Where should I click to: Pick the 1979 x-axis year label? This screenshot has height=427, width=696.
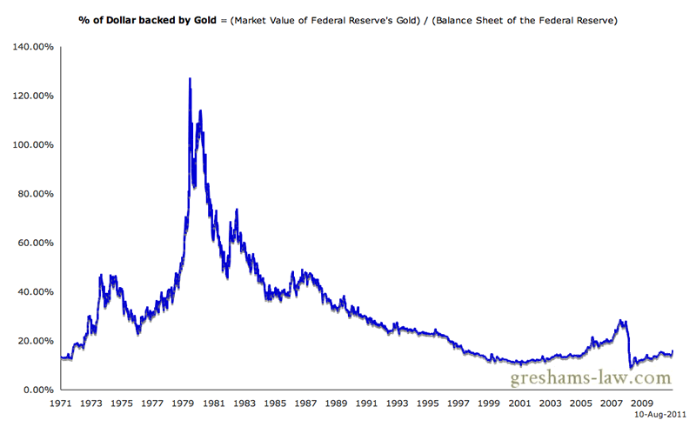[184, 404]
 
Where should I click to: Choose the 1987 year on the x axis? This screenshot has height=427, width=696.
[305, 404]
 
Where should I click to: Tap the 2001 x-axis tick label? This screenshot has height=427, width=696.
[519, 404]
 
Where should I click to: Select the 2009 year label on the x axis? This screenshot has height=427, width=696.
[642, 404]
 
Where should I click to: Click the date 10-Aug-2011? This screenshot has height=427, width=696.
[663, 416]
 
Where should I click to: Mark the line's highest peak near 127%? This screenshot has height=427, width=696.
[190, 79]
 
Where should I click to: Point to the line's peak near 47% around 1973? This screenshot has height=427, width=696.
[101, 276]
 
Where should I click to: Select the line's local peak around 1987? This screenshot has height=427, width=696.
[302, 271]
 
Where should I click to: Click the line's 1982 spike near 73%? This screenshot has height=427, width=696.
[237, 210]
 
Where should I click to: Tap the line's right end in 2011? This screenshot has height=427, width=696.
[673, 350]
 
